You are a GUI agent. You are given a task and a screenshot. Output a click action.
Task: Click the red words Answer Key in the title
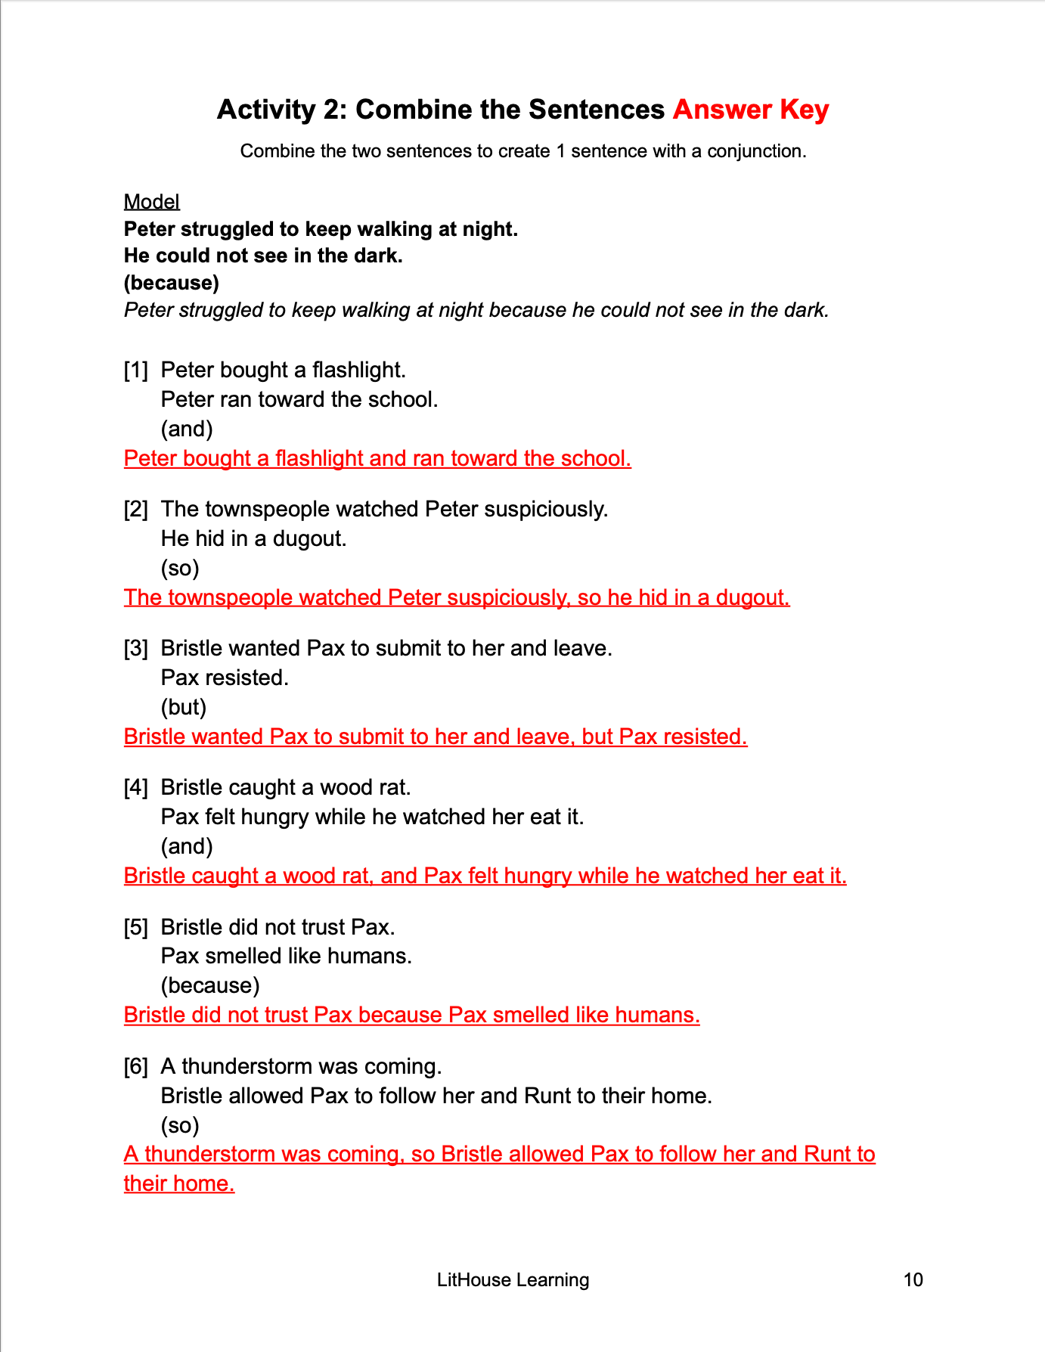tap(750, 110)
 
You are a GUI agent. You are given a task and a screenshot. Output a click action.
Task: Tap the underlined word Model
tap(151, 202)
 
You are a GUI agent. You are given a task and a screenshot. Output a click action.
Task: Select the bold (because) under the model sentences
tap(172, 283)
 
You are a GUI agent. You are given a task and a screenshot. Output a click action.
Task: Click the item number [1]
tap(136, 370)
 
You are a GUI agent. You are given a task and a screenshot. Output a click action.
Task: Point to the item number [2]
tap(136, 509)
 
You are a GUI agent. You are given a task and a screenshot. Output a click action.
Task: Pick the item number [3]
tap(136, 648)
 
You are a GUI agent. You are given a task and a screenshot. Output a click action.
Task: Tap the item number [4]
tap(136, 787)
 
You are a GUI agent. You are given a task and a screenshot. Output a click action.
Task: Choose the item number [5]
tap(136, 927)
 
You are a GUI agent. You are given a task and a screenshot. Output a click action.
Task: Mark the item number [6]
tap(136, 1066)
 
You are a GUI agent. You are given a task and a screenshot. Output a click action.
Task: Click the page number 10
tap(913, 1279)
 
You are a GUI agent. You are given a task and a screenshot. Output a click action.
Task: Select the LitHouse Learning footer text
tap(513, 1279)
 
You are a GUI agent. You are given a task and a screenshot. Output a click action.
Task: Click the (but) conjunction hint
tap(184, 707)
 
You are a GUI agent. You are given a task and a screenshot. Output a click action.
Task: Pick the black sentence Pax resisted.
tap(225, 678)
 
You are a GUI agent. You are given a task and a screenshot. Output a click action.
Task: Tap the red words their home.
tap(179, 1183)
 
